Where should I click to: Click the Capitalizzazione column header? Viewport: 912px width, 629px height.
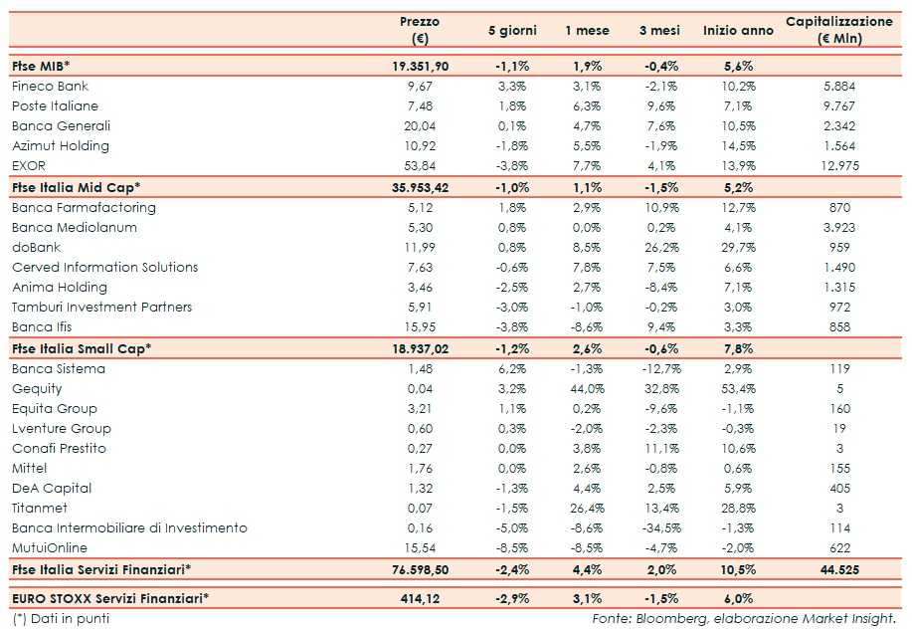(838, 30)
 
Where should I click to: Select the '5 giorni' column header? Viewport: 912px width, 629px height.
(512, 31)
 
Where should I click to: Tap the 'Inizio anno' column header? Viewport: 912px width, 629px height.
(738, 31)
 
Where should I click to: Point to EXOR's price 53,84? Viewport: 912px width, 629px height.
(419, 166)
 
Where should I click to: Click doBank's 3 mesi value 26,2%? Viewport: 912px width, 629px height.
(660, 248)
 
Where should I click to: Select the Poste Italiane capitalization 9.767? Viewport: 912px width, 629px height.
(840, 106)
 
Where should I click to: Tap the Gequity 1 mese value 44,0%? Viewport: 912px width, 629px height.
(587, 389)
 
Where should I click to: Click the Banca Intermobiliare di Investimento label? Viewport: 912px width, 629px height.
(129, 528)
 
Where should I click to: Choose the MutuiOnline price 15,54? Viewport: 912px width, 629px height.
(419, 548)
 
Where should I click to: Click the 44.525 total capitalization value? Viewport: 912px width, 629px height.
(839, 569)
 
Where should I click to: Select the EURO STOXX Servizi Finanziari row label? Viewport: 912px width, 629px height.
(115, 597)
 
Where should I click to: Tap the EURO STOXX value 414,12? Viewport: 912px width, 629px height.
(419, 597)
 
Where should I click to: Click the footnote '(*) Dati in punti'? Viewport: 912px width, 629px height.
(60, 618)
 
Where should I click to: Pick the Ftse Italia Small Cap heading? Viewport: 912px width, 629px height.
(81, 348)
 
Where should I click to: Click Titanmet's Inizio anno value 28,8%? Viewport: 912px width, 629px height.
(737, 509)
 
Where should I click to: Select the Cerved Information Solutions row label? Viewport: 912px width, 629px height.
(104, 268)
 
